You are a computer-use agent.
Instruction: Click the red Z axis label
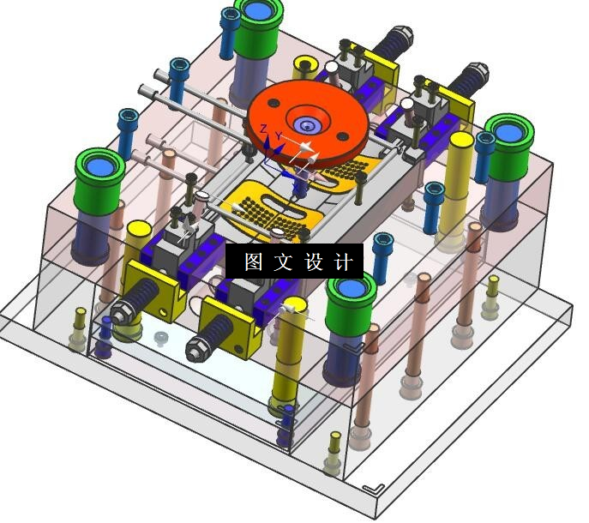click(264, 129)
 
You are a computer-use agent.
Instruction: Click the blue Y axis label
click(279, 135)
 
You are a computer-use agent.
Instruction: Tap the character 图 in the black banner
click(254, 261)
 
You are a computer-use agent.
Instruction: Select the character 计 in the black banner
click(344, 261)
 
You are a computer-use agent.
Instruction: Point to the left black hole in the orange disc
click(273, 103)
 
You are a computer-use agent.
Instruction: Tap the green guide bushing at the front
click(351, 304)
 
